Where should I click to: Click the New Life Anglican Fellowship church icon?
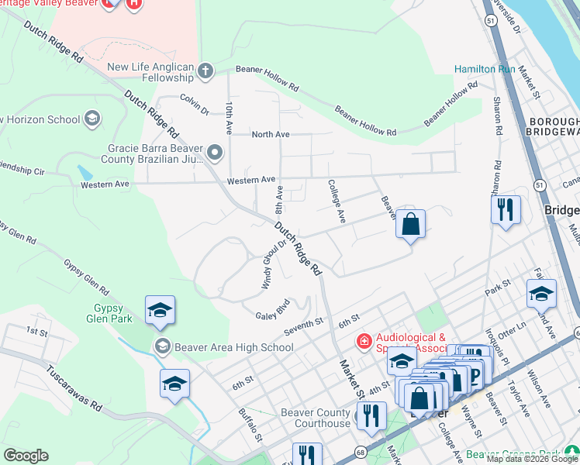(x=205, y=72)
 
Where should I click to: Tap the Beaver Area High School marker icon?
(x=162, y=346)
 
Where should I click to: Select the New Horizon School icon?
(x=92, y=119)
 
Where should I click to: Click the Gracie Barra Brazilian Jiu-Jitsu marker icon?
(x=215, y=151)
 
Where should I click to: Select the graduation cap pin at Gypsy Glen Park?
(x=160, y=311)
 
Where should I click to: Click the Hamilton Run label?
(x=485, y=69)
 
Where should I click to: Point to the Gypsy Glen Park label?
(x=109, y=313)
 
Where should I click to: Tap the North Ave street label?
(x=271, y=134)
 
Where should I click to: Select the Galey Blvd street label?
(x=272, y=309)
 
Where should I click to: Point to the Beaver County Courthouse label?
(x=316, y=418)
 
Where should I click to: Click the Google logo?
(x=26, y=456)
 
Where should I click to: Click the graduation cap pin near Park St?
(x=540, y=294)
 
